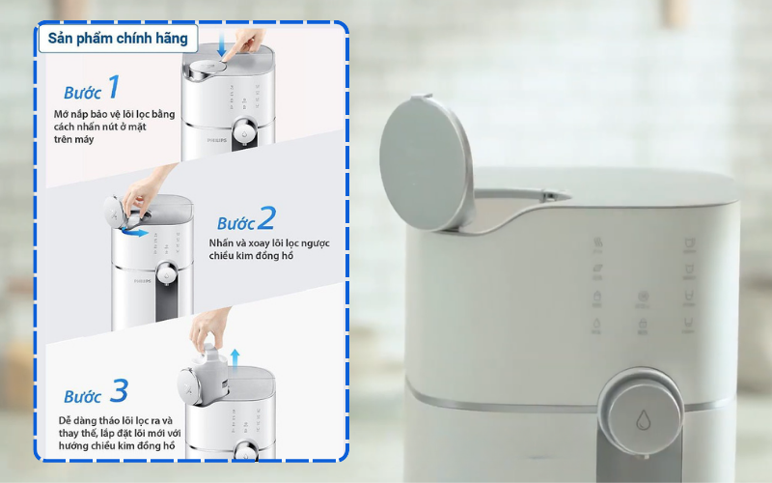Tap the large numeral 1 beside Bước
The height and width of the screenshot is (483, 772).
click(x=114, y=88)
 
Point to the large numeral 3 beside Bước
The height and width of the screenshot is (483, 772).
click(x=119, y=391)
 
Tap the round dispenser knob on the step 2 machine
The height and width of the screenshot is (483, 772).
click(x=170, y=276)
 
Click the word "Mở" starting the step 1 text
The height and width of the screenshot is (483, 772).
click(x=64, y=114)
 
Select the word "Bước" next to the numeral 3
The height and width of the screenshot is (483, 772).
click(x=83, y=397)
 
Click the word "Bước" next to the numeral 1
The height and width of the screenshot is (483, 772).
click(x=83, y=94)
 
